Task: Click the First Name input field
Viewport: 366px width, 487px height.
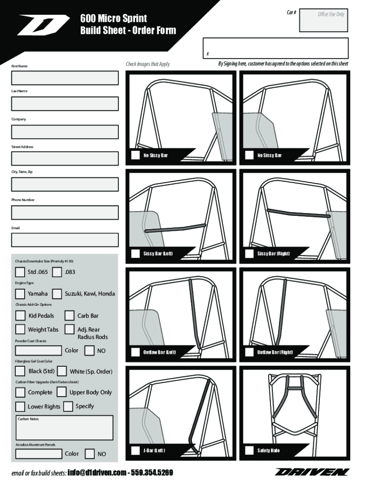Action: [65, 78]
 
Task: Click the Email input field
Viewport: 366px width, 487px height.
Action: [65, 240]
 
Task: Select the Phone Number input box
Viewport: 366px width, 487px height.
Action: [65, 213]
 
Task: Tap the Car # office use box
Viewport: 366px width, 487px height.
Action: [324, 20]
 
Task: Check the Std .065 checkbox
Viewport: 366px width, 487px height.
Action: [20, 272]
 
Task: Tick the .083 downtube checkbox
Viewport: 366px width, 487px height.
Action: [57, 272]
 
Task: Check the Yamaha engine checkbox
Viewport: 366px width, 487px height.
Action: [20, 294]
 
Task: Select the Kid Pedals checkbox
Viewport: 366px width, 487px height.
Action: [20, 316]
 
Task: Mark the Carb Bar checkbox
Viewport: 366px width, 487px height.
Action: [69, 316]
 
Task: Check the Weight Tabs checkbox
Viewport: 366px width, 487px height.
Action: [20, 329]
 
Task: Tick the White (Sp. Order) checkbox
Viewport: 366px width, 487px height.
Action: [62, 371]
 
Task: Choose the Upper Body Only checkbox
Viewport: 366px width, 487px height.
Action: [61, 392]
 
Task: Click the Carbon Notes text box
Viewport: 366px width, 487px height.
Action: [65, 428]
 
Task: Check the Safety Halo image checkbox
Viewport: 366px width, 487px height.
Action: [249, 450]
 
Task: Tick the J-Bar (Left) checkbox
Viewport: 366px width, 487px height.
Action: [135, 450]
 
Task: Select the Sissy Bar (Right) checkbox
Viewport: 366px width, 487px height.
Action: [249, 254]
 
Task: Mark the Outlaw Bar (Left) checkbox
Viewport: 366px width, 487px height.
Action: [135, 352]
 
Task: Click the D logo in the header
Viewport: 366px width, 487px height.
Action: [43, 25]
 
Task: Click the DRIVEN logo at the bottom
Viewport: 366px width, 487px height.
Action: [312, 472]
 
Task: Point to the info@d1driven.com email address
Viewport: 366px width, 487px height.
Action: [96, 473]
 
